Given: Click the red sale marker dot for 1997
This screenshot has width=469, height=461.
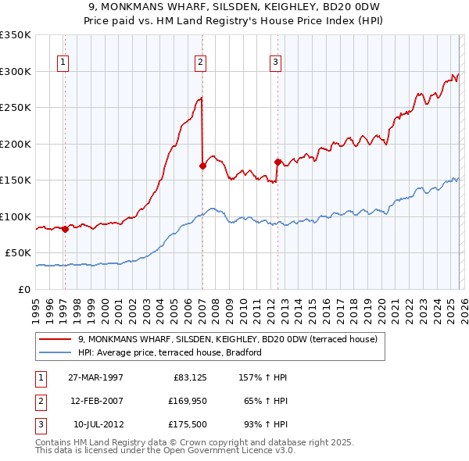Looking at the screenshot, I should (x=65, y=229).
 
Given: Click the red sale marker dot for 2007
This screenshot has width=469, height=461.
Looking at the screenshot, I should (x=202, y=166).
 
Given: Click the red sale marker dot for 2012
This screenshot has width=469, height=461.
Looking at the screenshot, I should (x=277, y=162).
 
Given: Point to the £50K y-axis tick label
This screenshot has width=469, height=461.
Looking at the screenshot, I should (x=18, y=253).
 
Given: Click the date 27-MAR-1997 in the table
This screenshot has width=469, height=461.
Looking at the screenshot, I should (x=95, y=377).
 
